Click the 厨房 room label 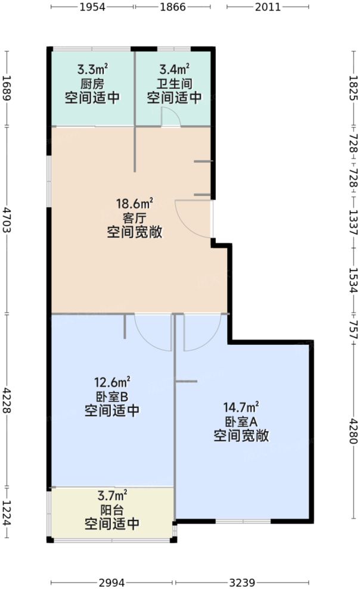92,84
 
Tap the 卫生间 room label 174,84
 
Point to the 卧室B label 112,396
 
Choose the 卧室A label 241,422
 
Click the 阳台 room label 112,510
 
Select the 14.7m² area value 241,408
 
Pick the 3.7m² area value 112,495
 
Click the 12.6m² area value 112,382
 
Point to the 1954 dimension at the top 92,7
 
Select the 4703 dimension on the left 7,219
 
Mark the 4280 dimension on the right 352,431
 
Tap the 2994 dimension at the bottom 113,582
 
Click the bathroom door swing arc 172,117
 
